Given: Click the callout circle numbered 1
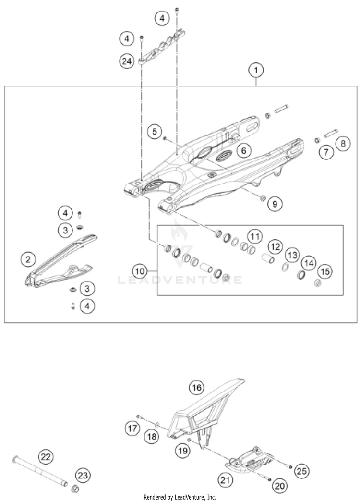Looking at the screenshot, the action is pyautogui.click(x=256, y=71).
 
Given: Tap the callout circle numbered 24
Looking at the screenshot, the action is pyautogui.click(x=127, y=61).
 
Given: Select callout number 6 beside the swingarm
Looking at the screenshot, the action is pyautogui.click(x=244, y=150).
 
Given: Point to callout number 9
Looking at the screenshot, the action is pyautogui.click(x=275, y=203).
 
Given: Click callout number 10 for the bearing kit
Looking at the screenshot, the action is pyautogui.click(x=140, y=271).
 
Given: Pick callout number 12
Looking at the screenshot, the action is pyautogui.click(x=276, y=246).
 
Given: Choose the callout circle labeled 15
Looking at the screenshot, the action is pyautogui.click(x=325, y=271).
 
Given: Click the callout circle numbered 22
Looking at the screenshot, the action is pyautogui.click(x=46, y=457).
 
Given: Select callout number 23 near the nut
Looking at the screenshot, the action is pyautogui.click(x=83, y=475).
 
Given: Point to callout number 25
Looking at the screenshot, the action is pyautogui.click(x=302, y=471).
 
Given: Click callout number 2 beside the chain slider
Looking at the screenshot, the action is pyautogui.click(x=28, y=258).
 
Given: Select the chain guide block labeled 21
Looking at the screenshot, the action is pyautogui.click(x=249, y=462).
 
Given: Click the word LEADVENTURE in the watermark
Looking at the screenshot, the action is pyautogui.click(x=180, y=280).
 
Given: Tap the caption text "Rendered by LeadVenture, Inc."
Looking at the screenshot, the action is pyautogui.click(x=180, y=497).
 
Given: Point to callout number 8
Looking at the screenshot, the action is pyautogui.click(x=343, y=143).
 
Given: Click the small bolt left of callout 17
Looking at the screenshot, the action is pyautogui.click(x=139, y=416).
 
